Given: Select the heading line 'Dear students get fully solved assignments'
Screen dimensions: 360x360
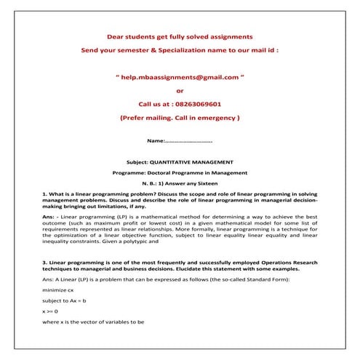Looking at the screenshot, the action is point(180,36).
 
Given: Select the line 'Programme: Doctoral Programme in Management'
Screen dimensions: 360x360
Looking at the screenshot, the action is point(180,172).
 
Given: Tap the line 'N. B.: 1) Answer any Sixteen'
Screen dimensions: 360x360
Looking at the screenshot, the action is point(180,184).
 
